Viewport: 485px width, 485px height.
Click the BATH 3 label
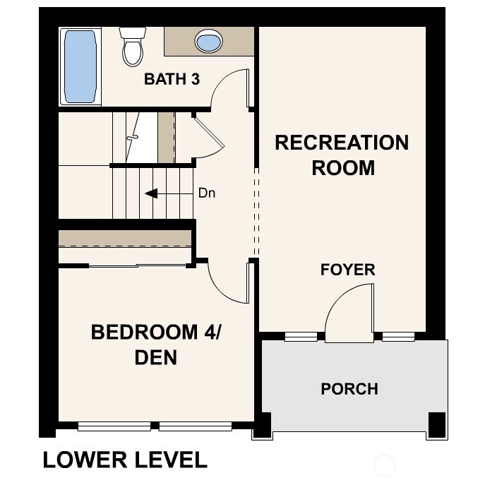point(172,79)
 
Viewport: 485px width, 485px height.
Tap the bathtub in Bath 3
point(79,66)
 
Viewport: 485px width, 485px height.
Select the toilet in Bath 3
point(131,46)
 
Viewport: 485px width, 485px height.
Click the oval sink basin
point(208,42)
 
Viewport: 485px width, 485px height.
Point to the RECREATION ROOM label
point(342,155)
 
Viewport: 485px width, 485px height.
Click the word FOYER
point(347,270)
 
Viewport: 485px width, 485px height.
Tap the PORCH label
point(349,389)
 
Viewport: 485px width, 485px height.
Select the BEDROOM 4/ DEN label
point(156,344)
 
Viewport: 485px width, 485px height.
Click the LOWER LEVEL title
point(125,460)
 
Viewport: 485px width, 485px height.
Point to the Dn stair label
point(206,193)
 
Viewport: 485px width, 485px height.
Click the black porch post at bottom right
point(438,424)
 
